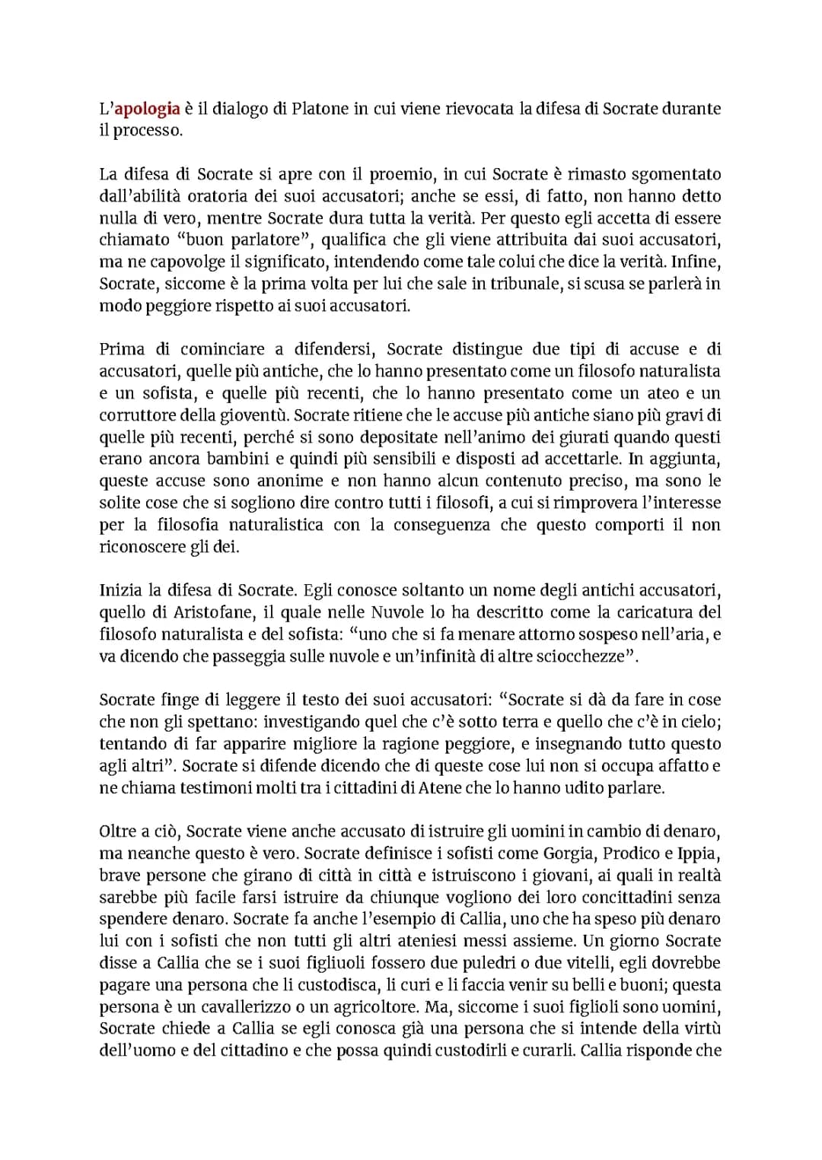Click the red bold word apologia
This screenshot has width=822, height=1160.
pos(148,109)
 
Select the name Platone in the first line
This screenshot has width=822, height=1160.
pos(320,109)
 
